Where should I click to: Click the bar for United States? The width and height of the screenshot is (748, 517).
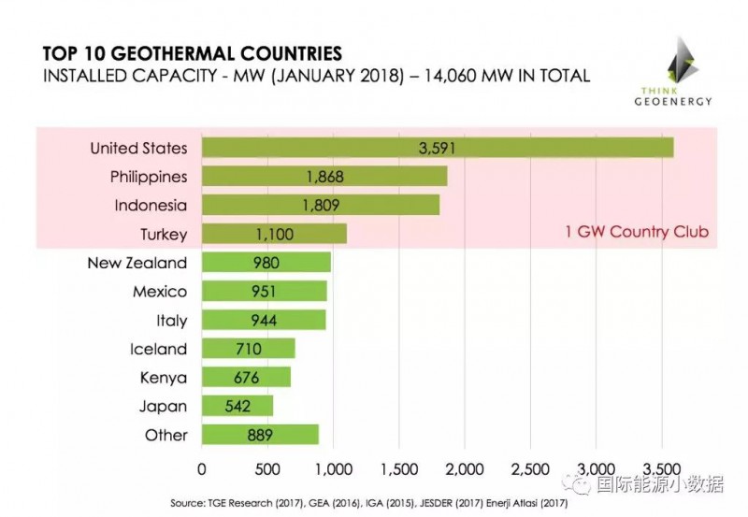click(437, 148)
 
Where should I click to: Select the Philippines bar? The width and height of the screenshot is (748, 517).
click(324, 177)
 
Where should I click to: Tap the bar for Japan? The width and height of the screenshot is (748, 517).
click(237, 407)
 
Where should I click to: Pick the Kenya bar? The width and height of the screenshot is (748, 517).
click(246, 378)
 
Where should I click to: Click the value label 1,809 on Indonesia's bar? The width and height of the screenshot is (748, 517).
click(321, 206)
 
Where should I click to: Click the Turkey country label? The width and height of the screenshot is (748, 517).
click(164, 234)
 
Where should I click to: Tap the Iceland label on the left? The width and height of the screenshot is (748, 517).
click(159, 350)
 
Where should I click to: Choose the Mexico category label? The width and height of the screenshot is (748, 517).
click(159, 292)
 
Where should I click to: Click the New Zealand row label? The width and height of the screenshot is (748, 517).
click(137, 263)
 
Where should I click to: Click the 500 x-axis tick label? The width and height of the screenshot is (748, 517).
click(267, 466)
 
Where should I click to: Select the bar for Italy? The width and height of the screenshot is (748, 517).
click(264, 321)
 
